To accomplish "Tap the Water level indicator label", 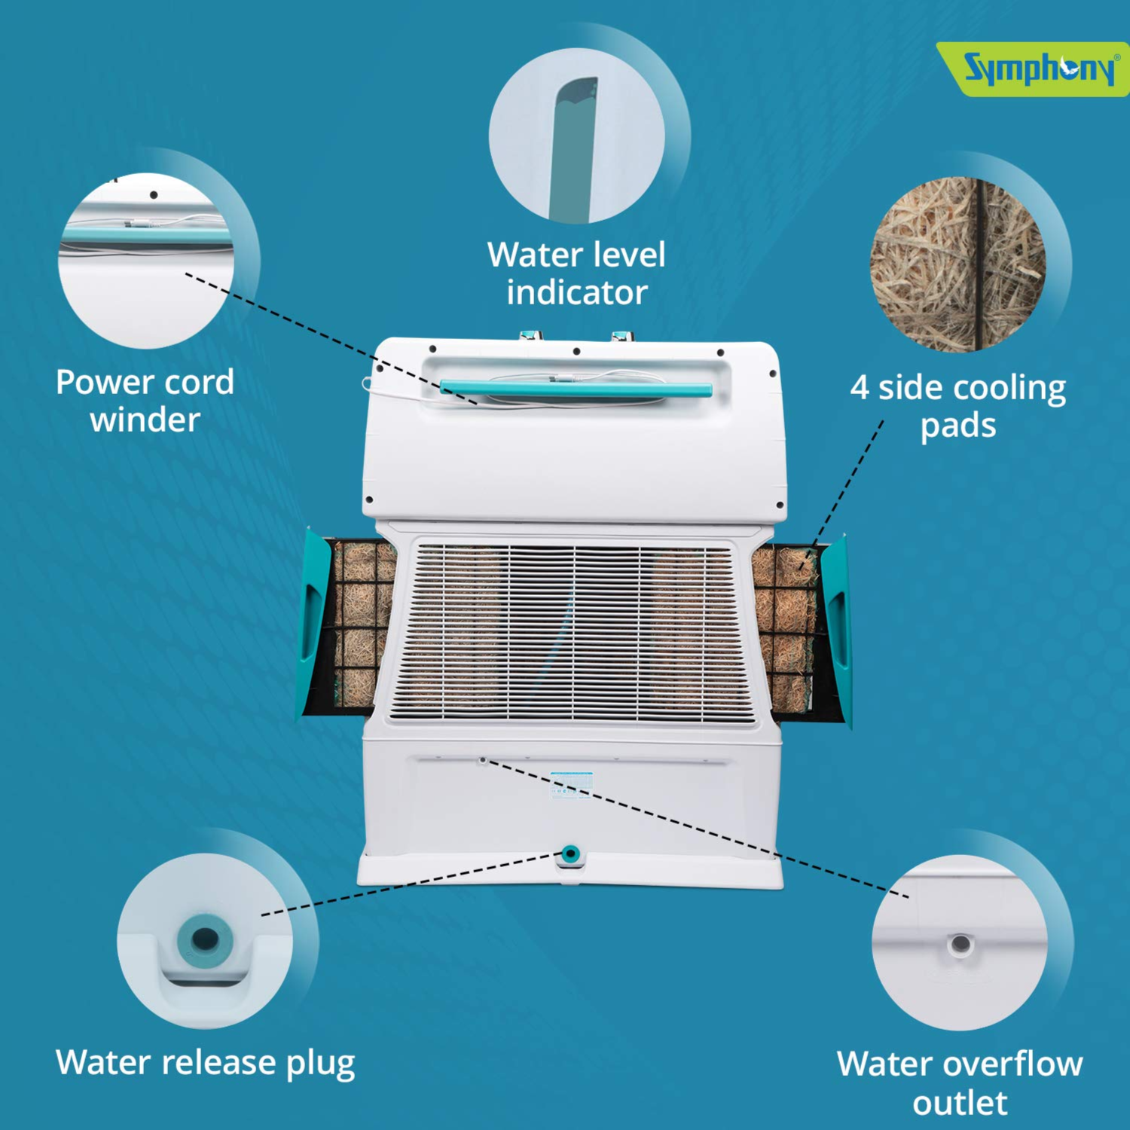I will pos(576,273).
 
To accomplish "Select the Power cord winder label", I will pos(145,401).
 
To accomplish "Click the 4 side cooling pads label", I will pos(958,406).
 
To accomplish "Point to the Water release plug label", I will pos(205,1063).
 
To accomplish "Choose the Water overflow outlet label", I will pos(960,1083).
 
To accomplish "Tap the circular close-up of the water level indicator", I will pos(576,136).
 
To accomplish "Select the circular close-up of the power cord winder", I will pos(145,261).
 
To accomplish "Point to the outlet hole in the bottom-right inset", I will pos(960,943).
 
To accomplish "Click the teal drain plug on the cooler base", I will pos(570,854).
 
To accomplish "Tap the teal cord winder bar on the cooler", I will pos(576,389).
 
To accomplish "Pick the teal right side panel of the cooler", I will pos(836,629).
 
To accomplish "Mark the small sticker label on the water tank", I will pos(572,784).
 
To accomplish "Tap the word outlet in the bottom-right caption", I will pos(960,1103).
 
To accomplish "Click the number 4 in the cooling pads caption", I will pos(860,388).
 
